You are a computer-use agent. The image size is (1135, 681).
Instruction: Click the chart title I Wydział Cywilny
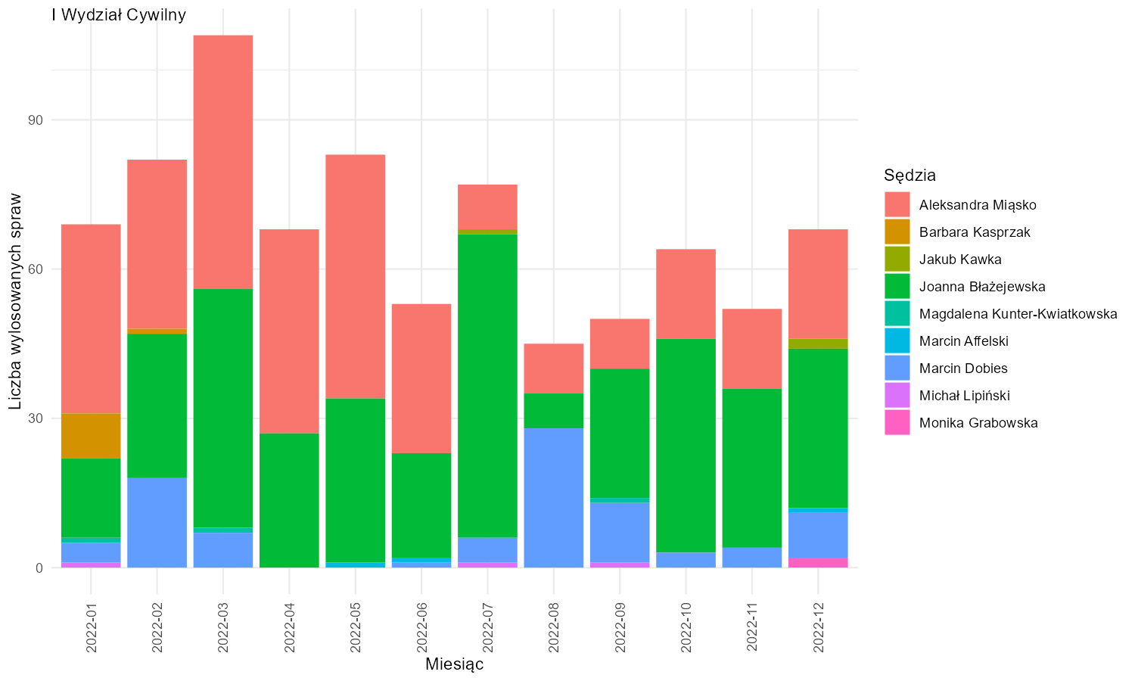pos(119,14)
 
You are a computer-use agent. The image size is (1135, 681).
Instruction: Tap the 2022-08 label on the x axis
pos(553,627)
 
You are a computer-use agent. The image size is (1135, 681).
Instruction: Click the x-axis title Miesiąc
pos(454,664)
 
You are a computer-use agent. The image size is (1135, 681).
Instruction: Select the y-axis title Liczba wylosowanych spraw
pos(15,301)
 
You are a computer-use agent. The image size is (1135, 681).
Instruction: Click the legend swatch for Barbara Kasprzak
pos(897,232)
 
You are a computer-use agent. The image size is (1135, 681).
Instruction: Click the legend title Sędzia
pos(910,176)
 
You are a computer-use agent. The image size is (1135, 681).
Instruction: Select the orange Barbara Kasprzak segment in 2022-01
pos(91,436)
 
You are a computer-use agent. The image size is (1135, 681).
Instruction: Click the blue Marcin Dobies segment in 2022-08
pos(553,498)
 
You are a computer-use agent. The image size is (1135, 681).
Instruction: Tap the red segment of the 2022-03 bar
pos(223,162)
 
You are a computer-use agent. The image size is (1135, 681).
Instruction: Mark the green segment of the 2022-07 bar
pos(487,386)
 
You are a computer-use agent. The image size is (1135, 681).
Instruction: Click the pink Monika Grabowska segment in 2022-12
pos(818,562)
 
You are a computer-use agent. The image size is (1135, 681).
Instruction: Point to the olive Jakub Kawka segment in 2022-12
pos(818,344)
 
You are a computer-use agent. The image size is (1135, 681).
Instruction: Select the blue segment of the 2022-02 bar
pos(157,522)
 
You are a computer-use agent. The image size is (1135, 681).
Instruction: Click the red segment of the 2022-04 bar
pos(289,331)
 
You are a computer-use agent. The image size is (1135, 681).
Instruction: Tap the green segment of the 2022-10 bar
pos(686,446)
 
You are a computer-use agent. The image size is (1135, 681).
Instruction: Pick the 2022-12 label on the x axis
pos(818,627)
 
